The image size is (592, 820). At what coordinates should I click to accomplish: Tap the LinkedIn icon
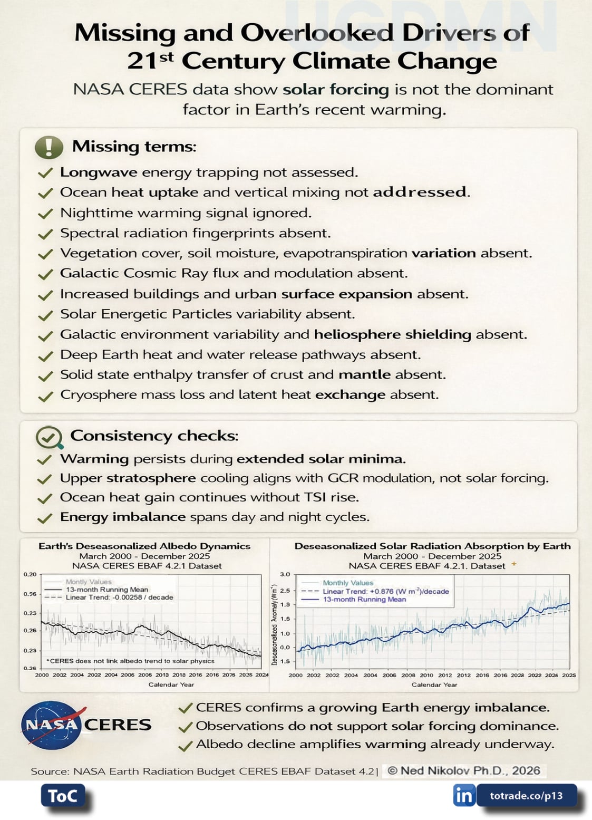(464, 795)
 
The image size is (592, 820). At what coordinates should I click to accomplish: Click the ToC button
(63, 796)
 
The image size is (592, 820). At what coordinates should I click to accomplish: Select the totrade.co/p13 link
(526, 796)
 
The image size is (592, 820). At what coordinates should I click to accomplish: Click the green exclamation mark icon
(48, 147)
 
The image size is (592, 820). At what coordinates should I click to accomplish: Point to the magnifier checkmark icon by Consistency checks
(48, 437)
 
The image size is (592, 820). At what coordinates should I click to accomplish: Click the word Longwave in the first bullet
(99, 172)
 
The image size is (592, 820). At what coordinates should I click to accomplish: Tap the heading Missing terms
(134, 146)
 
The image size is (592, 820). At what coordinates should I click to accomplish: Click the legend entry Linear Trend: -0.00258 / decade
(119, 597)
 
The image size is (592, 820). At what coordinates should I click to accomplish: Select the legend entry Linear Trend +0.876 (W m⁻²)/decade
(385, 591)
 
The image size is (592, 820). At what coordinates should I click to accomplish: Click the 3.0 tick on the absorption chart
(285, 574)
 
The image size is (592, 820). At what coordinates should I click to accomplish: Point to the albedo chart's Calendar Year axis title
(171, 684)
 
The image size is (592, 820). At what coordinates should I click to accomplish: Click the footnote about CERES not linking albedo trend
(131, 661)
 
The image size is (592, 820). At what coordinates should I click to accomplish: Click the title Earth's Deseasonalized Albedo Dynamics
(144, 546)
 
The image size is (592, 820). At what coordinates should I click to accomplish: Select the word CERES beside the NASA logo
(118, 725)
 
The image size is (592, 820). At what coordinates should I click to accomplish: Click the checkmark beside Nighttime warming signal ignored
(46, 214)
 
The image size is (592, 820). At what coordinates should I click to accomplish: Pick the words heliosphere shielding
(392, 334)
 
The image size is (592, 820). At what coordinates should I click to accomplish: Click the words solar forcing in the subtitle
(335, 90)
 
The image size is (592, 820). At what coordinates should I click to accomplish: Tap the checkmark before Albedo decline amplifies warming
(185, 746)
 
